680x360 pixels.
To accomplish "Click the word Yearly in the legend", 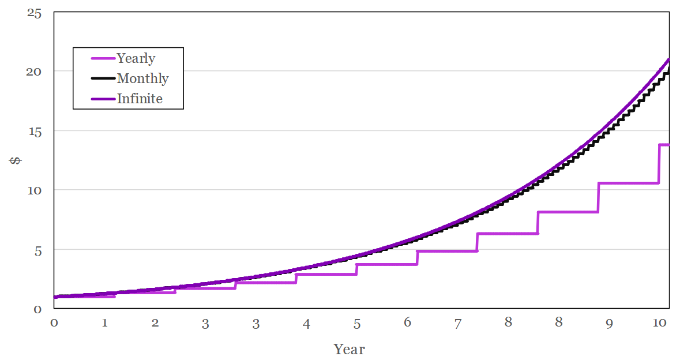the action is (136, 58).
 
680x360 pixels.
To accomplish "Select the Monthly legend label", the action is (142, 78).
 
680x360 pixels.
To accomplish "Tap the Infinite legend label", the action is (140, 99).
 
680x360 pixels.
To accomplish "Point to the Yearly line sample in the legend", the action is (103, 58).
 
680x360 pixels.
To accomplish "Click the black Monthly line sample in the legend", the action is (103, 78).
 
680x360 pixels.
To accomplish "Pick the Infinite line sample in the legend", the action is (103, 99).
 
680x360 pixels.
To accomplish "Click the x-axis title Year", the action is (349, 349).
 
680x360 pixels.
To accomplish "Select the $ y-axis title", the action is (16, 160).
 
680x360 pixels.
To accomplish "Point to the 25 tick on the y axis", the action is (34, 13).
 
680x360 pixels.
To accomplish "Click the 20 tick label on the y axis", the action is (34, 72).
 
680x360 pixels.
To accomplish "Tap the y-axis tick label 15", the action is (34, 132).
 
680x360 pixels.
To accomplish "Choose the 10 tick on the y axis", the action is (34, 190).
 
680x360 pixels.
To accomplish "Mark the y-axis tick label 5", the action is (38, 251).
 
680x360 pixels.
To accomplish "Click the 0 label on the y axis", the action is (38, 309).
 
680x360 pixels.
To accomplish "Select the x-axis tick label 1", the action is (104, 322).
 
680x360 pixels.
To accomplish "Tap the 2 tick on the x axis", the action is (155, 322).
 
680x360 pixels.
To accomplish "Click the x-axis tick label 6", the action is (407, 322).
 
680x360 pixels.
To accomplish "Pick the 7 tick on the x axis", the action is (458, 324).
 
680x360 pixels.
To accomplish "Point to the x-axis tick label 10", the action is (660, 322).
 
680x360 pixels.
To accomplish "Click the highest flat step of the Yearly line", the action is (664, 145).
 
